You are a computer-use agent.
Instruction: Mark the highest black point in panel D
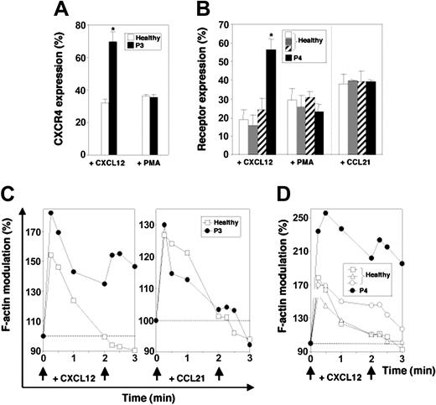[x=325, y=213]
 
